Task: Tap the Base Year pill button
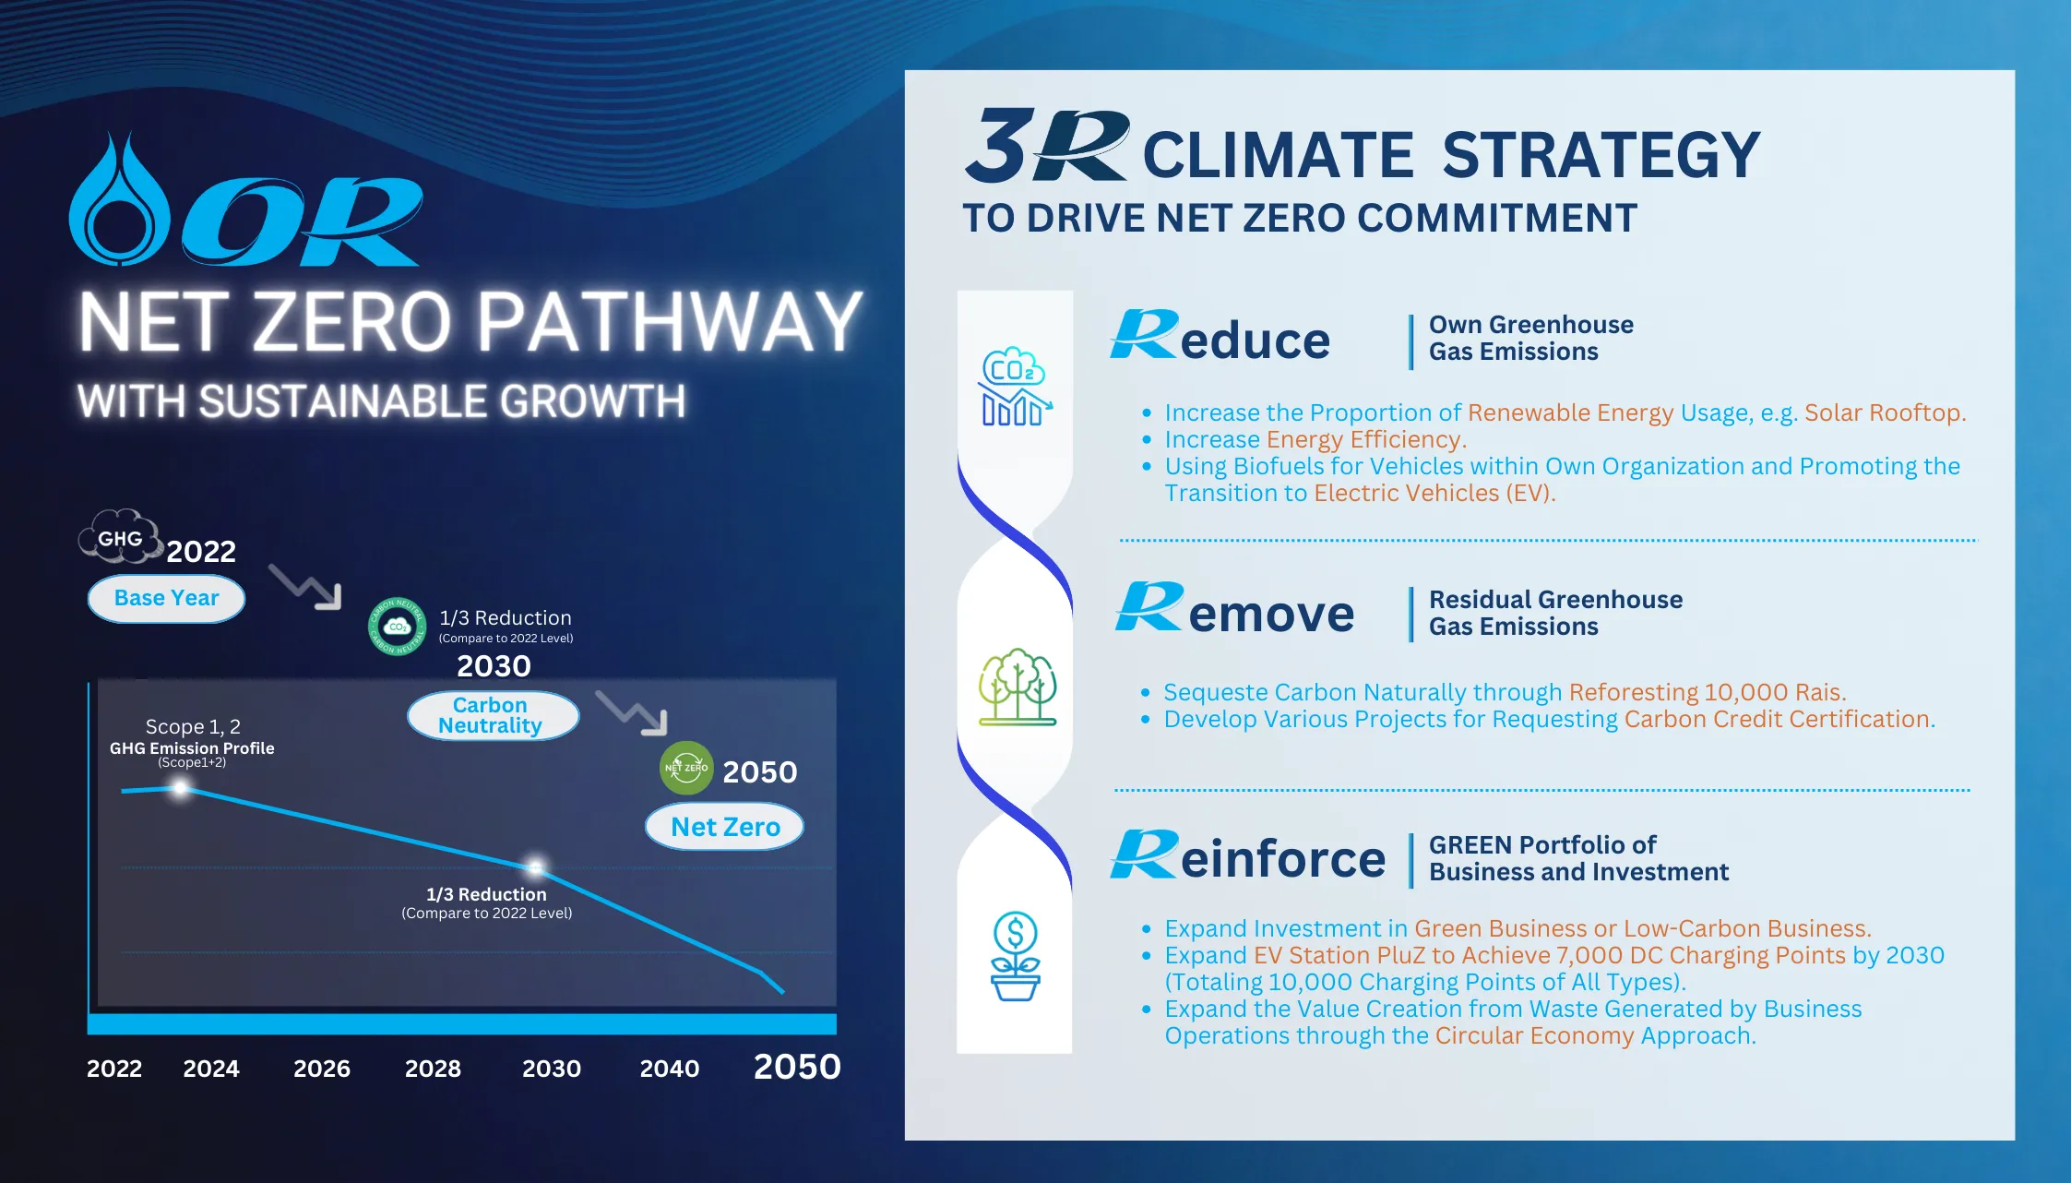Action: pos(166,599)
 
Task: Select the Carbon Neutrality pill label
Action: pos(493,715)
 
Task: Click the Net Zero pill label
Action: pos(724,827)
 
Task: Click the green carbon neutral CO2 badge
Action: pos(398,627)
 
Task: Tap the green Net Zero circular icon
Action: pos(686,768)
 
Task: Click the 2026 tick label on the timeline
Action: pos(322,1069)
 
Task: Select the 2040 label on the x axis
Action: pos(670,1069)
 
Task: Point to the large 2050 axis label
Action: pos(797,1067)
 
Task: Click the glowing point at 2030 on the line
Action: pos(535,867)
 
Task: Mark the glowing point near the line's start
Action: pos(181,788)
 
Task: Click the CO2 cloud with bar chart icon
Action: pos(1016,387)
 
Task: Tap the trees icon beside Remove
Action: pos(1018,687)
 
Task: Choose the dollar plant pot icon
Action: pos(1015,956)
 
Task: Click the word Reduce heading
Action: pos(1220,337)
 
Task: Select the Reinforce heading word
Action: pos(1247,855)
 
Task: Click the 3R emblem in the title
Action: pos(1047,146)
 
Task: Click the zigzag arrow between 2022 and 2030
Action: pos(305,587)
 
